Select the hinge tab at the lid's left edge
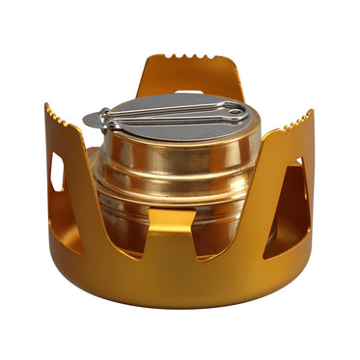pyautogui.click(x=92, y=120)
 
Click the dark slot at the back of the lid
pyautogui.click(x=190, y=93)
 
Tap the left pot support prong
pyautogui.click(x=63, y=164)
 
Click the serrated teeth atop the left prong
pyautogui.click(x=56, y=113)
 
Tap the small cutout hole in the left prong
pyautogui.click(x=57, y=172)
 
